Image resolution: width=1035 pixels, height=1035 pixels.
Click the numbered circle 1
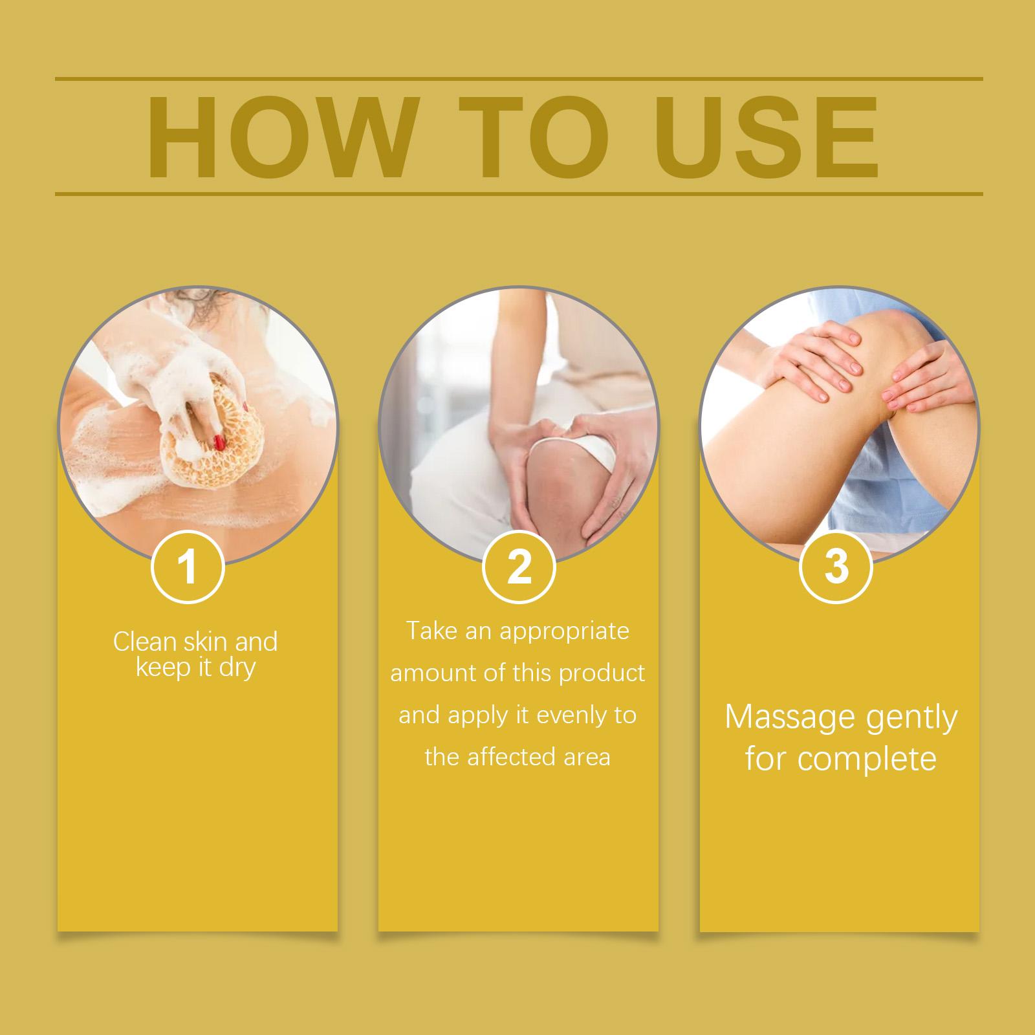(x=188, y=567)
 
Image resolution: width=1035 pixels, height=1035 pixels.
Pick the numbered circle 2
(x=519, y=567)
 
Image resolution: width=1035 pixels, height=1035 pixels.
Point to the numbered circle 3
(x=836, y=567)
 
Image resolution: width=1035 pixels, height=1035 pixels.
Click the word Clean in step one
(x=144, y=642)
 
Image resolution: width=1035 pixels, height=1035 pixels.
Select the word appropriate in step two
(x=563, y=632)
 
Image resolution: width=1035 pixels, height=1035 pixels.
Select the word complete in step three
(x=867, y=759)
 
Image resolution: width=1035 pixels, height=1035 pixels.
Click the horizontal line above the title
(x=519, y=80)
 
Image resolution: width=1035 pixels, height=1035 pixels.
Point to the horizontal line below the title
(x=519, y=193)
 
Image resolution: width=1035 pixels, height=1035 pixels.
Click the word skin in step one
(x=205, y=642)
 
